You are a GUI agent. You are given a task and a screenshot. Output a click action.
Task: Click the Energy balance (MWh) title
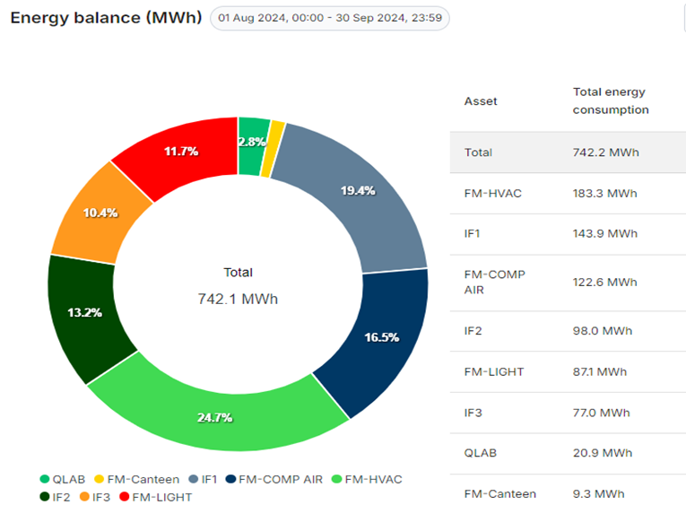click(x=106, y=19)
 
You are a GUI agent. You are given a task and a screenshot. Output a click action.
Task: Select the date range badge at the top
click(x=329, y=19)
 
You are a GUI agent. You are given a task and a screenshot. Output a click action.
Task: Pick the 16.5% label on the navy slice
click(x=381, y=337)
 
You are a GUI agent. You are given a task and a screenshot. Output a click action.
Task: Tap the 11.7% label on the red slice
click(x=180, y=152)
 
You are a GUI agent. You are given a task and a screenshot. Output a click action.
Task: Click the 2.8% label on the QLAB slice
click(x=251, y=142)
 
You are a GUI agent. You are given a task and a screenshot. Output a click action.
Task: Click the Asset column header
click(x=481, y=101)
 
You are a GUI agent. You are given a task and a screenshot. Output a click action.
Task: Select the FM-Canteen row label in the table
click(x=499, y=493)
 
